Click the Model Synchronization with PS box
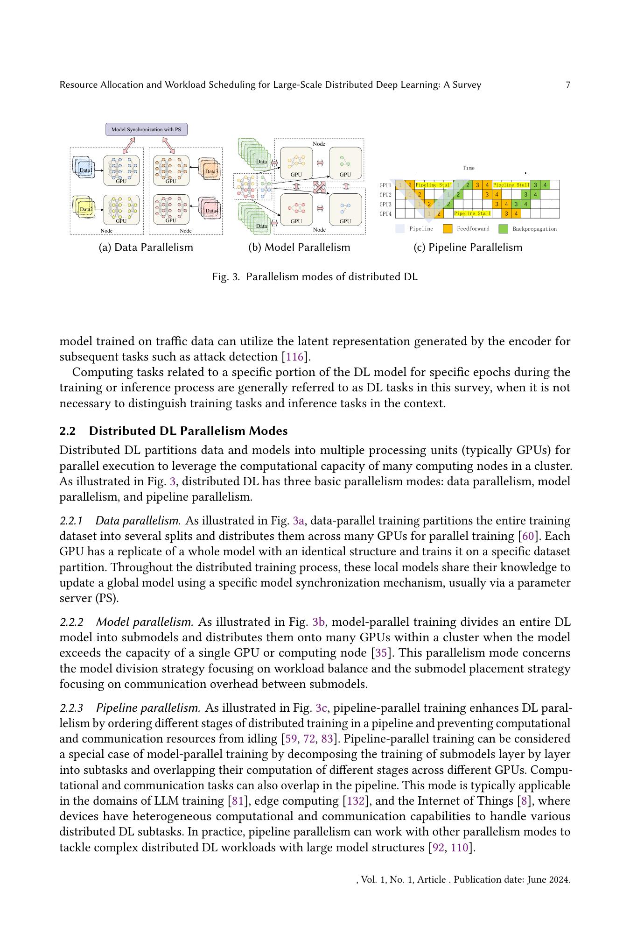[146, 129]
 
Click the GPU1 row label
[385, 185]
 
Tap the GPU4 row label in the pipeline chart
[385, 214]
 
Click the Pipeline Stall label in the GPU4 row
[472, 214]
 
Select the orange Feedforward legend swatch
[448, 229]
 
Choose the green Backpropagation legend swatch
[503, 229]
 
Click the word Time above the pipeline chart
[469, 168]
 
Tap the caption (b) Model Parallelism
[299, 248]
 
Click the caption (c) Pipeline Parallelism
[468, 248]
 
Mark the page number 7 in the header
[568, 85]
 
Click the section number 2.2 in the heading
[68, 431]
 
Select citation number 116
[294, 357]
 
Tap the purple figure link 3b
[318, 623]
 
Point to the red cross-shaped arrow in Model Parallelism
[319, 187]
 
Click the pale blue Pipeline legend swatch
[400, 229]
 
